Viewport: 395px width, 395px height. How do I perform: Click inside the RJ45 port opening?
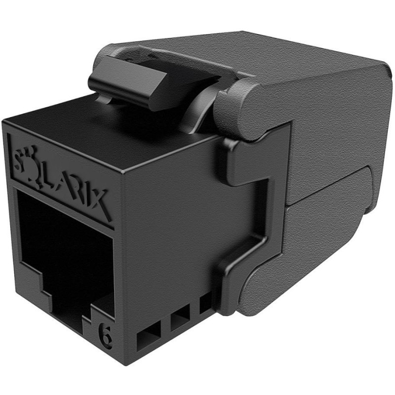point(64,247)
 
